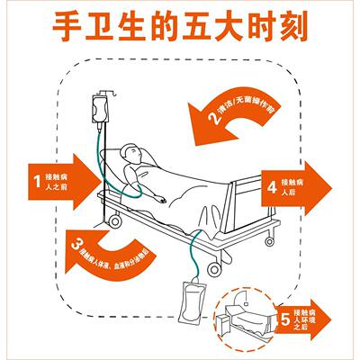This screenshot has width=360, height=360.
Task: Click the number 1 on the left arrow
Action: [x=37, y=180]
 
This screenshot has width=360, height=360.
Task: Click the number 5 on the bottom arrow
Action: [x=285, y=319]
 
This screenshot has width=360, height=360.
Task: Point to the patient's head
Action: [x=131, y=156]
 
